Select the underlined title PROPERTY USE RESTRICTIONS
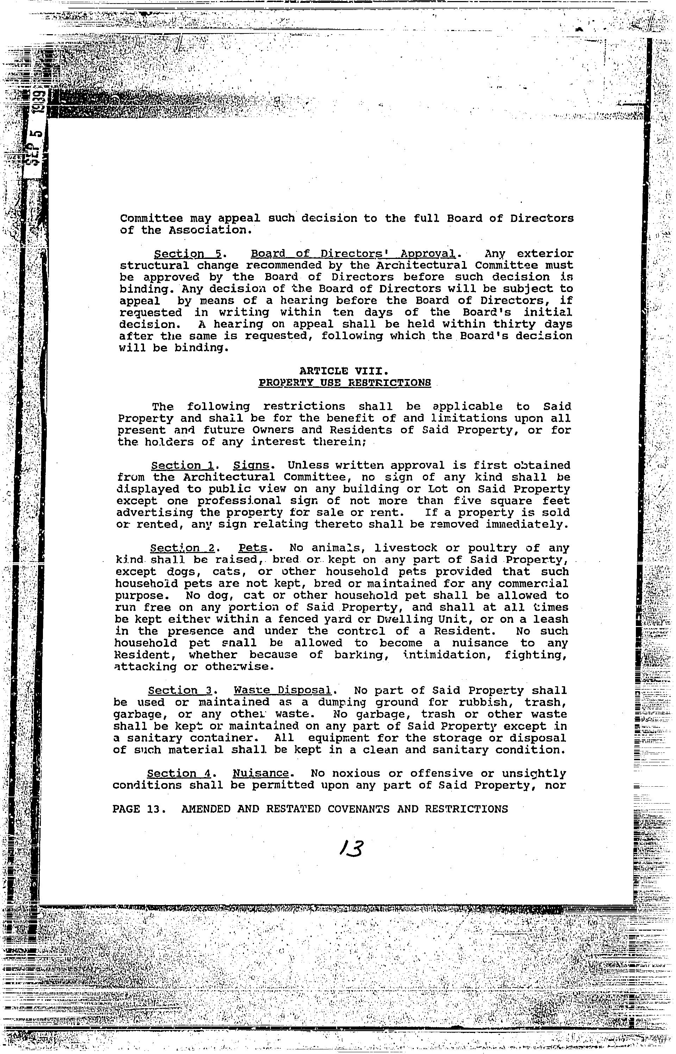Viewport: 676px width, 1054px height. (x=345, y=383)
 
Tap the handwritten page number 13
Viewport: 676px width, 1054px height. (x=351, y=849)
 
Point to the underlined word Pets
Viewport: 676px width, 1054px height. (x=253, y=548)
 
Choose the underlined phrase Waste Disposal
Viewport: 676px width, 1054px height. (x=282, y=691)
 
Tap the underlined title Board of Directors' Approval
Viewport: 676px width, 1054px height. (x=354, y=254)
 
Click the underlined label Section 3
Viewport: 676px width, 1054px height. (x=180, y=691)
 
